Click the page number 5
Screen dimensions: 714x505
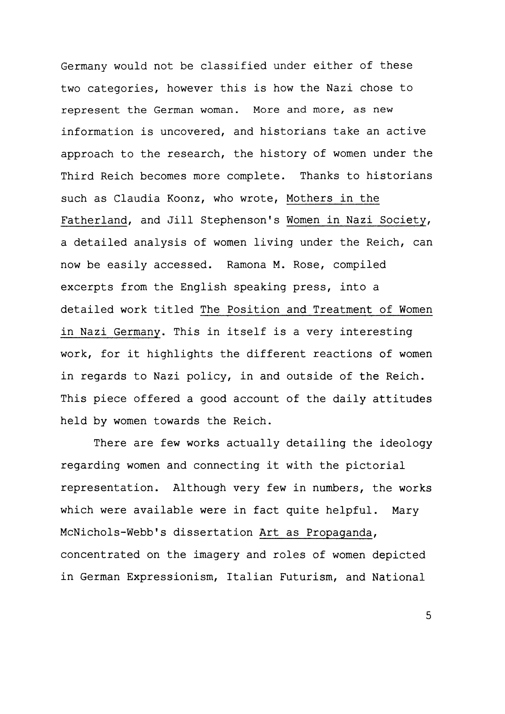coord(428,615)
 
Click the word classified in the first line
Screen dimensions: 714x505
coord(233,66)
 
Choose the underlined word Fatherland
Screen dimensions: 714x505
coord(94,220)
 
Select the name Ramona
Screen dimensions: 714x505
coord(246,265)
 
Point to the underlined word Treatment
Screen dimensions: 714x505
coord(342,310)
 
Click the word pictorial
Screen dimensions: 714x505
coord(375,466)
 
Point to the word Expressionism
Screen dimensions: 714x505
coord(172,577)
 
